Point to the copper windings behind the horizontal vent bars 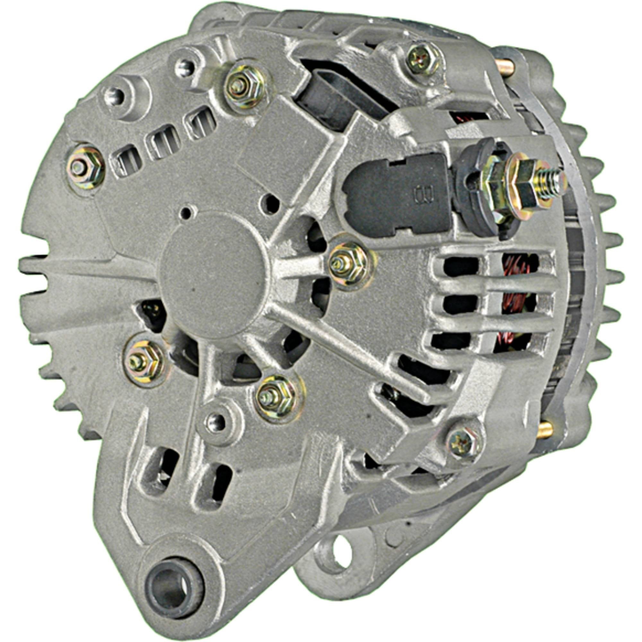pyautogui.click(x=513, y=299)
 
